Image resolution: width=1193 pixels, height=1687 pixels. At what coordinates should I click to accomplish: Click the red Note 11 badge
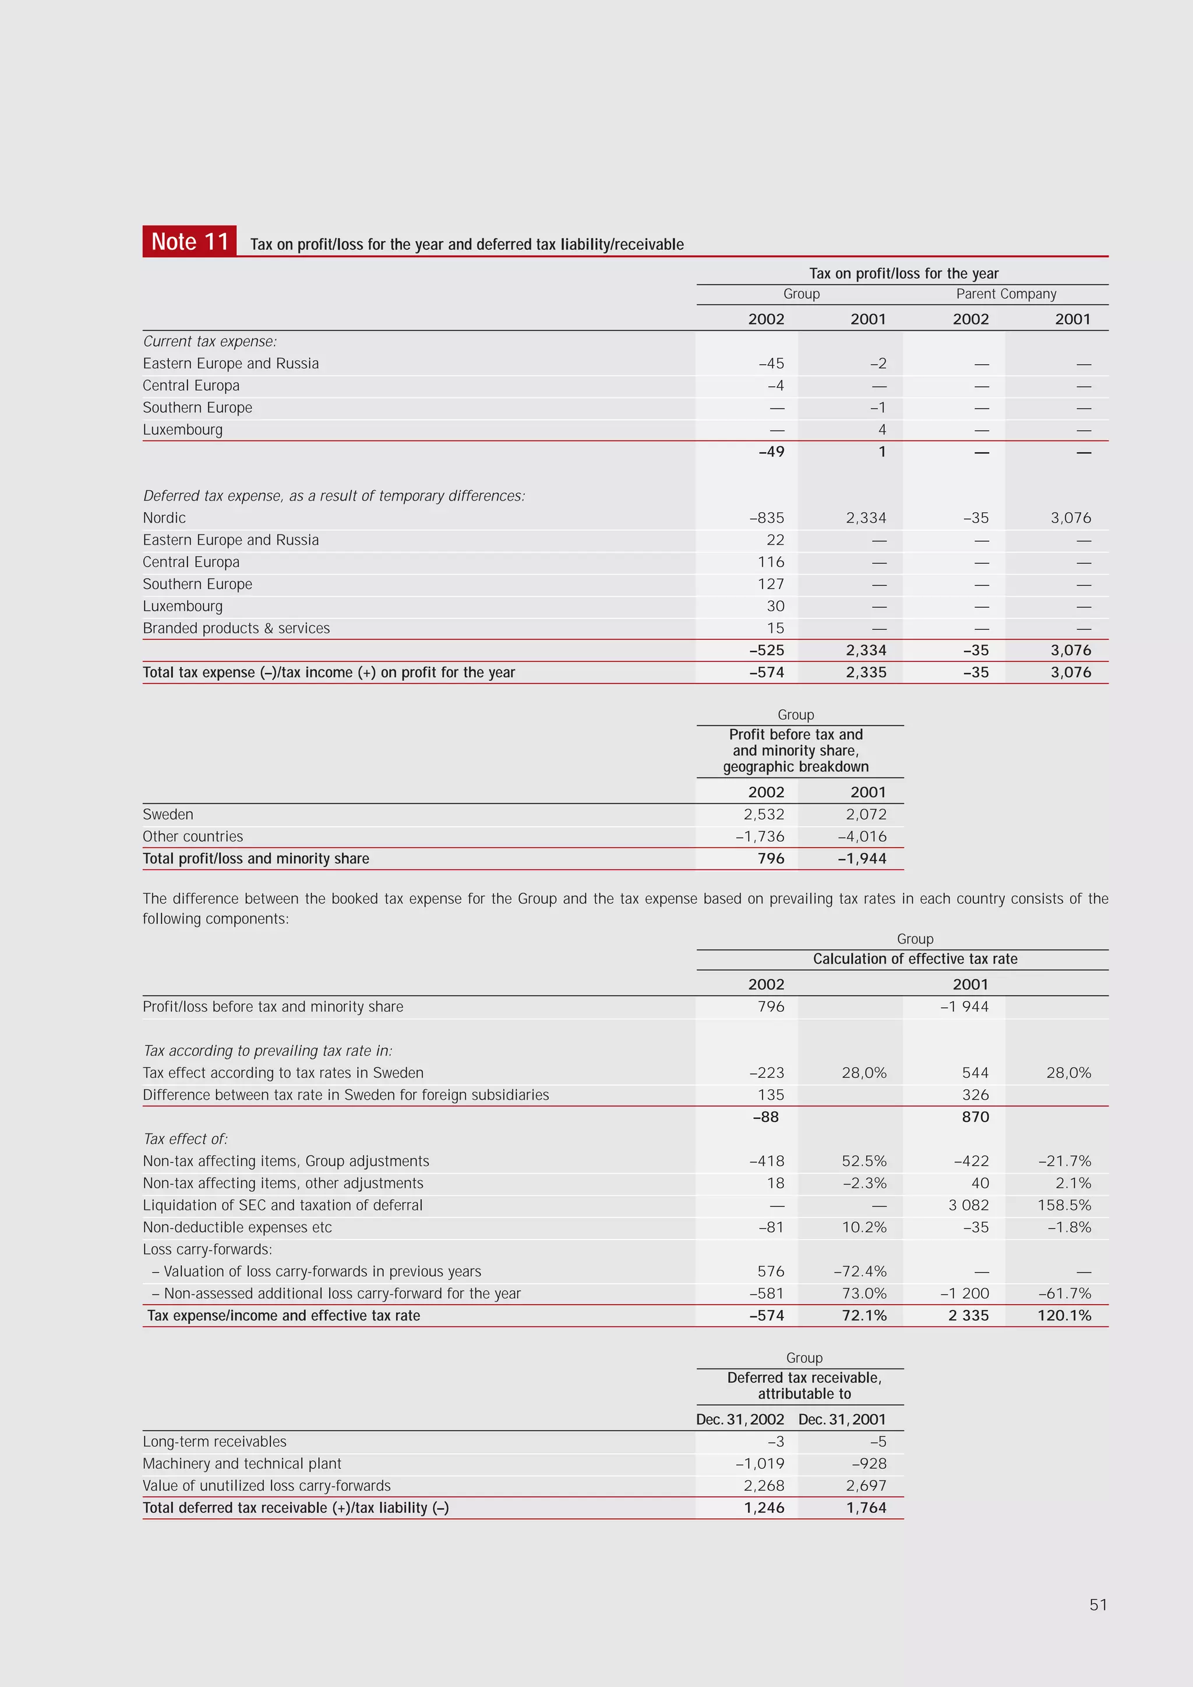[189, 241]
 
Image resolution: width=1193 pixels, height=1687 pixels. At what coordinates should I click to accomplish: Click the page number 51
[1097, 1605]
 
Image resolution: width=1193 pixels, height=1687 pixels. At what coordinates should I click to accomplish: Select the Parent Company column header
[1005, 294]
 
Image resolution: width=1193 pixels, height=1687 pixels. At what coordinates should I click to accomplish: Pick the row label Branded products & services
[236, 628]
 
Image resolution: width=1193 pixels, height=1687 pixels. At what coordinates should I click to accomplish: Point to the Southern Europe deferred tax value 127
[771, 584]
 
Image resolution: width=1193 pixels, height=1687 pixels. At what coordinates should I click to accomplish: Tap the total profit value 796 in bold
[771, 858]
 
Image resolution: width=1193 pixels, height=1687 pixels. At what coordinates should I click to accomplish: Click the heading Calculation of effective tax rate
[915, 959]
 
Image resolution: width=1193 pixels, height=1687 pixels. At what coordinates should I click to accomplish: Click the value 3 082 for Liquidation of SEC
[968, 1205]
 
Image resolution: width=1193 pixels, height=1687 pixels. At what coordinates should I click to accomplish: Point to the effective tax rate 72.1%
[864, 1315]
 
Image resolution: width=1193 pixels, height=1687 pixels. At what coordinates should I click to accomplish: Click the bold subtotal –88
[765, 1117]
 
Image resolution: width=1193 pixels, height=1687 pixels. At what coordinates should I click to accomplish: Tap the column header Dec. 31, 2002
[740, 1420]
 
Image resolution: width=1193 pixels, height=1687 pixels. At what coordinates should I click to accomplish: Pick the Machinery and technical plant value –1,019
[760, 1464]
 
